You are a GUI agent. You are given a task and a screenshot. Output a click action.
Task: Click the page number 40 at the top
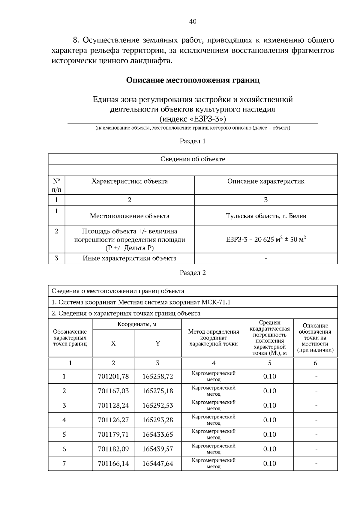click(193, 21)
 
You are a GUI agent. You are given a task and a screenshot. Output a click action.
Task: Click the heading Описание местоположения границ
click(193, 80)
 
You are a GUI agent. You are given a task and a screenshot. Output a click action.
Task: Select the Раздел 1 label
click(193, 141)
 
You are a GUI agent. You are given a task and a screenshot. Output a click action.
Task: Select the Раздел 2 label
click(193, 273)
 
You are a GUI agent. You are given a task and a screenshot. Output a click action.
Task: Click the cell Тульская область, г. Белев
click(266, 216)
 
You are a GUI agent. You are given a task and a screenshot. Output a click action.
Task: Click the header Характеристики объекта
click(130, 181)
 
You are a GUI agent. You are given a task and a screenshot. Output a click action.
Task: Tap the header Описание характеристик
click(266, 181)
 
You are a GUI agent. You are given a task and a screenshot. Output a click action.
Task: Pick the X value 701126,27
click(113, 420)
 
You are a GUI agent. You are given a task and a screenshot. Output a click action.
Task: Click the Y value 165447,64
click(158, 463)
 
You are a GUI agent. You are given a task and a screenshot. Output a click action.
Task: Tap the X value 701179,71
click(113, 434)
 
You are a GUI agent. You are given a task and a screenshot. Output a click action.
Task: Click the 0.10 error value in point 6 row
click(269, 449)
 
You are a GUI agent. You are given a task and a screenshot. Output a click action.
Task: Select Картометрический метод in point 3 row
click(214, 405)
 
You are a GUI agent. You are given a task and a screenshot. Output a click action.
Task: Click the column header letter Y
click(158, 344)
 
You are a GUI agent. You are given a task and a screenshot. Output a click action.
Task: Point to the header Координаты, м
click(137, 324)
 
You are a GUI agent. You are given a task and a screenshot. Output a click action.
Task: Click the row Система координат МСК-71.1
click(141, 302)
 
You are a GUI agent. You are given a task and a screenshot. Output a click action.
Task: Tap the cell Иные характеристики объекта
click(130, 258)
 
